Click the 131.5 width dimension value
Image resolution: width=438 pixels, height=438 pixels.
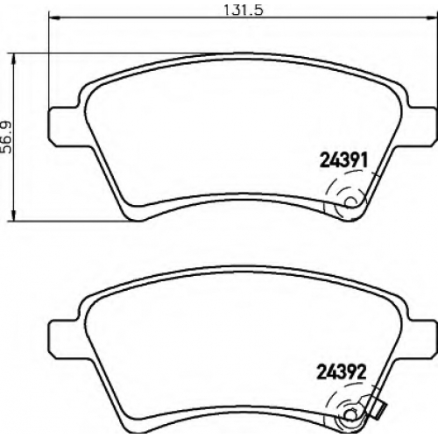(x=244, y=11)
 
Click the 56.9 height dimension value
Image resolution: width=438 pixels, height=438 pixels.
(x=6, y=137)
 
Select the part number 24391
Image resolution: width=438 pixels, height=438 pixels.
(x=343, y=160)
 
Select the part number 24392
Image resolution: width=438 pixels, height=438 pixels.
(x=342, y=372)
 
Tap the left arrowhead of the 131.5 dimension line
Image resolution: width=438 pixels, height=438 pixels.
(x=54, y=18)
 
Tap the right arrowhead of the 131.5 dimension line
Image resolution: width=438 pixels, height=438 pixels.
(x=432, y=18)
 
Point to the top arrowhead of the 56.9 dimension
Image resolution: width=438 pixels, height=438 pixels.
(x=13, y=59)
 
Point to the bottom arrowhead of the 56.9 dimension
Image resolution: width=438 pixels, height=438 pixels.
(x=13, y=215)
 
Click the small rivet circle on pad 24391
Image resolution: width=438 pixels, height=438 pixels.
(x=350, y=202)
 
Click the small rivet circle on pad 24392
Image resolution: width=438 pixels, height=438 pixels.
(x=350, y=415)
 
